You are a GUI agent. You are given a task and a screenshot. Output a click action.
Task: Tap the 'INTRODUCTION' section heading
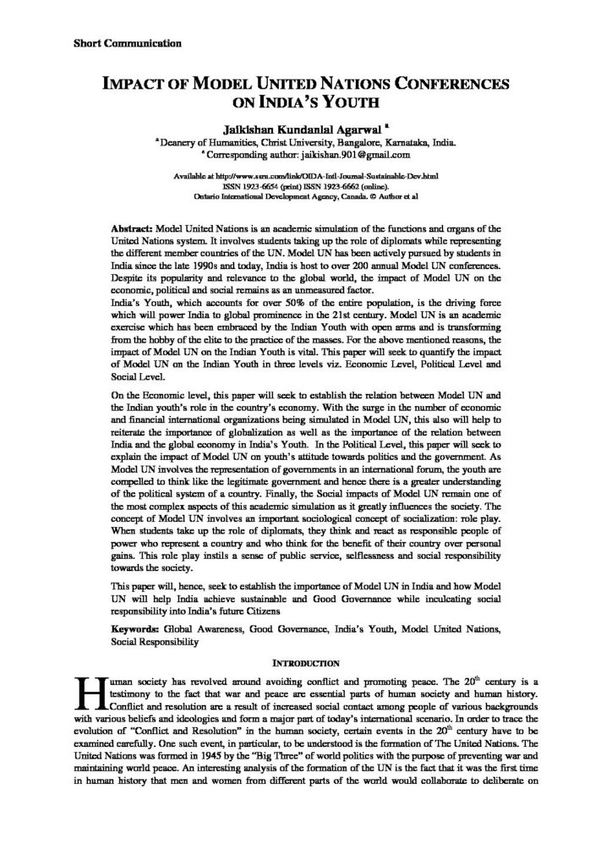click(305, 660)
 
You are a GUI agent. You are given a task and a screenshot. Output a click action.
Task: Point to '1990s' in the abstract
click(200, 266)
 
